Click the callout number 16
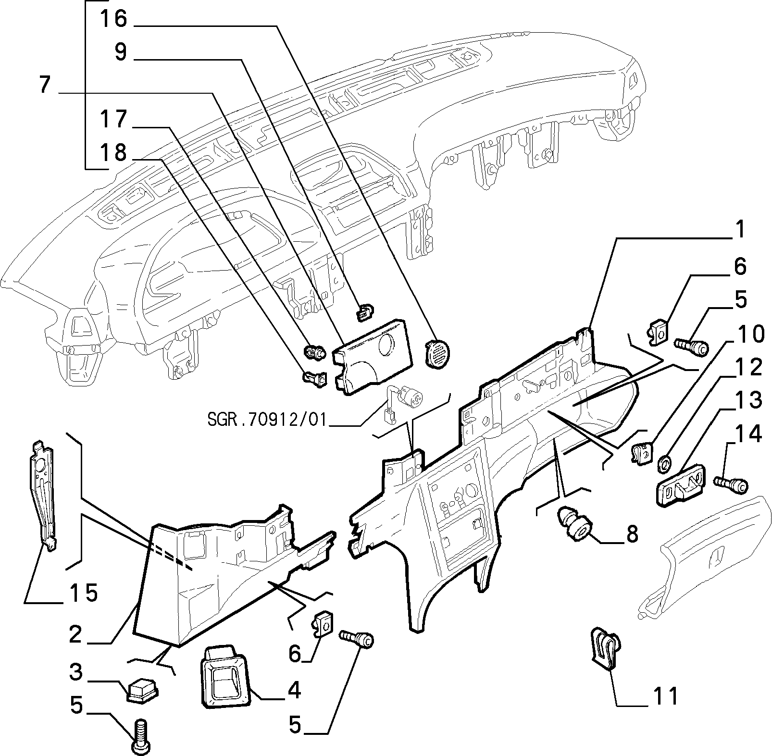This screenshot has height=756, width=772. point(113,19)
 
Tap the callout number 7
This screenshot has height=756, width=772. point(44,85)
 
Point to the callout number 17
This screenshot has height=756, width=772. point(113,120)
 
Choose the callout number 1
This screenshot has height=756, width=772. point(739,230)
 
